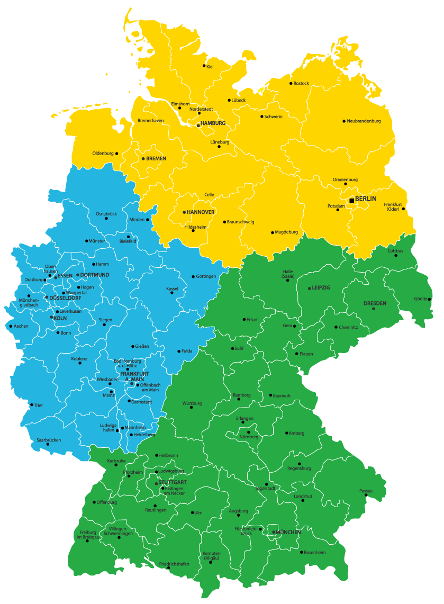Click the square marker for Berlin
[352, 201]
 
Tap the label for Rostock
[301, 83]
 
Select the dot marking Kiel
[204, 66]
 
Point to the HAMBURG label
[213, 123]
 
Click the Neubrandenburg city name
[364, 121]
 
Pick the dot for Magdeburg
[273, 232]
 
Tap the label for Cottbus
[395, 250]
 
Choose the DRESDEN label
[375, 303]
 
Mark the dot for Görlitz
[429, 299]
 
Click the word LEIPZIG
[321, 287]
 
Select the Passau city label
[366, 491]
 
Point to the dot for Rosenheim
[302, 552]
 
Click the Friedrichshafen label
[174, 564]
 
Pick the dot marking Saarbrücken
[48, 444]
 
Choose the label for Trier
[38, 405]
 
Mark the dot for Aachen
[11, 326]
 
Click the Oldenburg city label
[103, 154]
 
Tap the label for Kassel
[173, 289]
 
